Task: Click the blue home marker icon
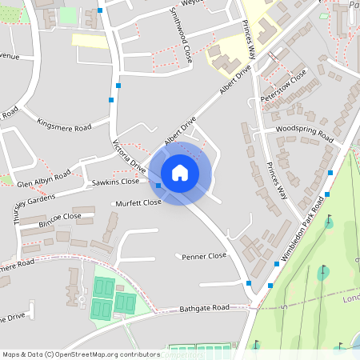point(180,173)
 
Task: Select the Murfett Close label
point(137,202)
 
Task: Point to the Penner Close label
point(205,257)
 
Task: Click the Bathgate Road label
point(204,307)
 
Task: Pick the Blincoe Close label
point(61,217)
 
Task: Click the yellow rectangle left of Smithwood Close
point(90,40)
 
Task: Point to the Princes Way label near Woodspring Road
point(275,179)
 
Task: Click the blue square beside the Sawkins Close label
point(158,186)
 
